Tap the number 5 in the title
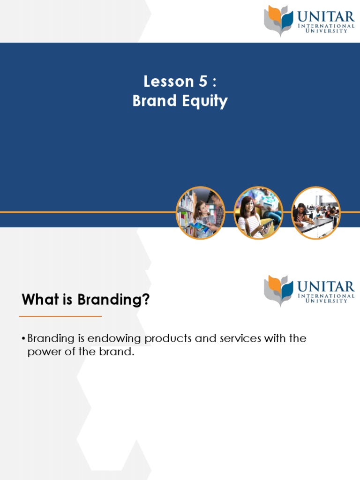202,82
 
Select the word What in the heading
38,300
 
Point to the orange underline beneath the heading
60,316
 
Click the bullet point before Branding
24,339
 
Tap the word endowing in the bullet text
103,338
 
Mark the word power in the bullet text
41,352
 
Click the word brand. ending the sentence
120,352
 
